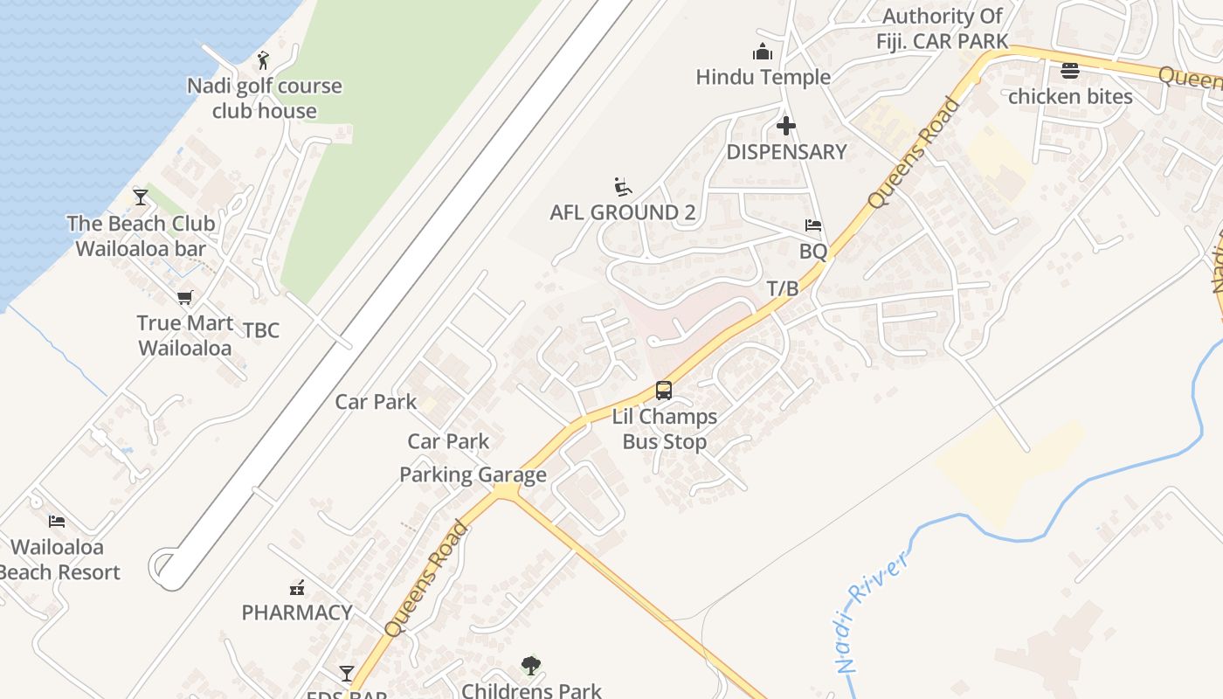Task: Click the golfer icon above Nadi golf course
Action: [264, 60]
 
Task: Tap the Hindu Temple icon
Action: [763, 52]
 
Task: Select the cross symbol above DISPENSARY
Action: [786, 126]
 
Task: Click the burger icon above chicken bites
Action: [1070, 70]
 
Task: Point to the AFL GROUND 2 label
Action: [622, 212]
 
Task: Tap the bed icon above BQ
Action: [813, 225]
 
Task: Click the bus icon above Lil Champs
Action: [664, 390]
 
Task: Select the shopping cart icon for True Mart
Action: [184, 298]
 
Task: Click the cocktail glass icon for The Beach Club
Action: [141, 197]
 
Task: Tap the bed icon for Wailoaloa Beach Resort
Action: [57, 522]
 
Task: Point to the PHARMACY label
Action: [297, 612]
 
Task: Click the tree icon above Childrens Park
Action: [530, 666]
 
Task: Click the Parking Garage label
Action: [473, 474]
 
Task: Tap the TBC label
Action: [261, 329]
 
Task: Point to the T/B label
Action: [783, 288]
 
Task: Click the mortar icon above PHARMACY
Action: [297, 587]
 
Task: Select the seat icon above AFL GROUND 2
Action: [622, 187]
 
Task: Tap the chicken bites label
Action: [1070, 96]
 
